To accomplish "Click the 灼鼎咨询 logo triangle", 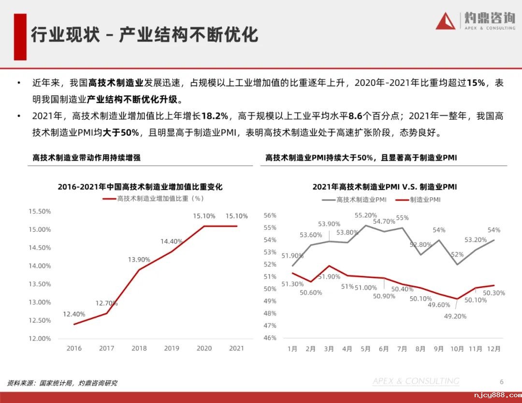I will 446,21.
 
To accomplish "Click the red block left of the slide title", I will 20,37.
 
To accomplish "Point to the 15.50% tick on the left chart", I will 40,211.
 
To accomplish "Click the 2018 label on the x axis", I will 139,348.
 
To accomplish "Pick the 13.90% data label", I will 139,259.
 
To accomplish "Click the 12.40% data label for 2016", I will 74,314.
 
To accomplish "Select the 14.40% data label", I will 172,241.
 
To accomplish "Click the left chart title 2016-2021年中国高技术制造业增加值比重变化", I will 140,187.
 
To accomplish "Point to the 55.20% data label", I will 366,216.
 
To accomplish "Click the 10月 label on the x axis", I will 457,348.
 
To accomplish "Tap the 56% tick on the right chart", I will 270,216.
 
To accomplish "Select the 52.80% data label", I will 420,245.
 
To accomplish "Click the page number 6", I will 502,382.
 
